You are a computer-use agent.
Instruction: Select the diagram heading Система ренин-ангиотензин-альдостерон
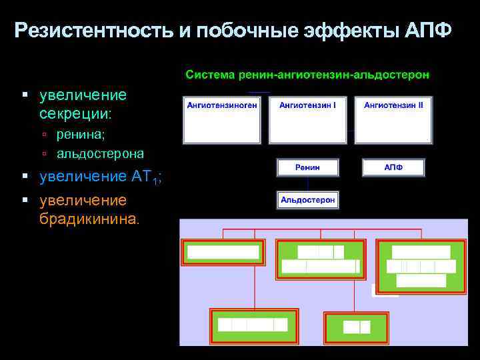307,74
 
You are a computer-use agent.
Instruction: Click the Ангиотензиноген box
222,120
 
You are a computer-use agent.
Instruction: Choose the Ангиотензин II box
393,120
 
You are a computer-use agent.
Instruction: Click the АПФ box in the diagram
393,167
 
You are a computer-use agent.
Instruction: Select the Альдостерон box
307,199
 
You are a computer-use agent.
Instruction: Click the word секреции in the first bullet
75,114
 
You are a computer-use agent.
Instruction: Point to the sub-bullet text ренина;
81,135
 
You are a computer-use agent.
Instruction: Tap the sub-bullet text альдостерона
100,153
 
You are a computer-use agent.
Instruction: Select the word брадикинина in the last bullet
89,219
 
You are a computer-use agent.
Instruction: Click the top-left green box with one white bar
223,253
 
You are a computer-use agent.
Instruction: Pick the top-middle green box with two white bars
321,259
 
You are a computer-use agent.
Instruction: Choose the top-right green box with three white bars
421,266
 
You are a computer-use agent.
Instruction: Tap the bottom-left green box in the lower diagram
253,325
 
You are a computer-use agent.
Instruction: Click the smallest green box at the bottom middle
356,326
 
